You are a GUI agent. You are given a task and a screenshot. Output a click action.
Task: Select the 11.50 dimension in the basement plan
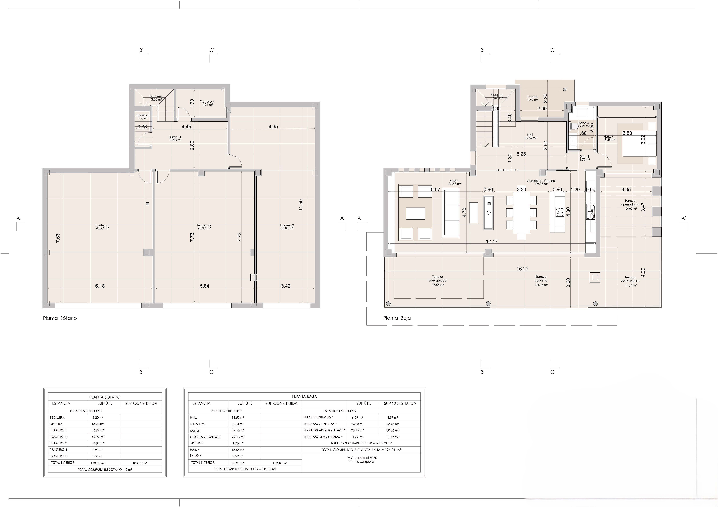301,205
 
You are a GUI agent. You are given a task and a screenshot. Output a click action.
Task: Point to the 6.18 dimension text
100,286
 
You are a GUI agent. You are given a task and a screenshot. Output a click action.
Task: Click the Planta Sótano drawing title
60,318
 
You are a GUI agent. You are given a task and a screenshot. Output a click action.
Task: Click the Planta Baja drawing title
397,318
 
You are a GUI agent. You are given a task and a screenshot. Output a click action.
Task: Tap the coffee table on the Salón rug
416,213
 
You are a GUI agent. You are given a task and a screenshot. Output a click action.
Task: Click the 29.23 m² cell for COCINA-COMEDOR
238,437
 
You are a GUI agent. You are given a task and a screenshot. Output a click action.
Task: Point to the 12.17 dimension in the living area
492,241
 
